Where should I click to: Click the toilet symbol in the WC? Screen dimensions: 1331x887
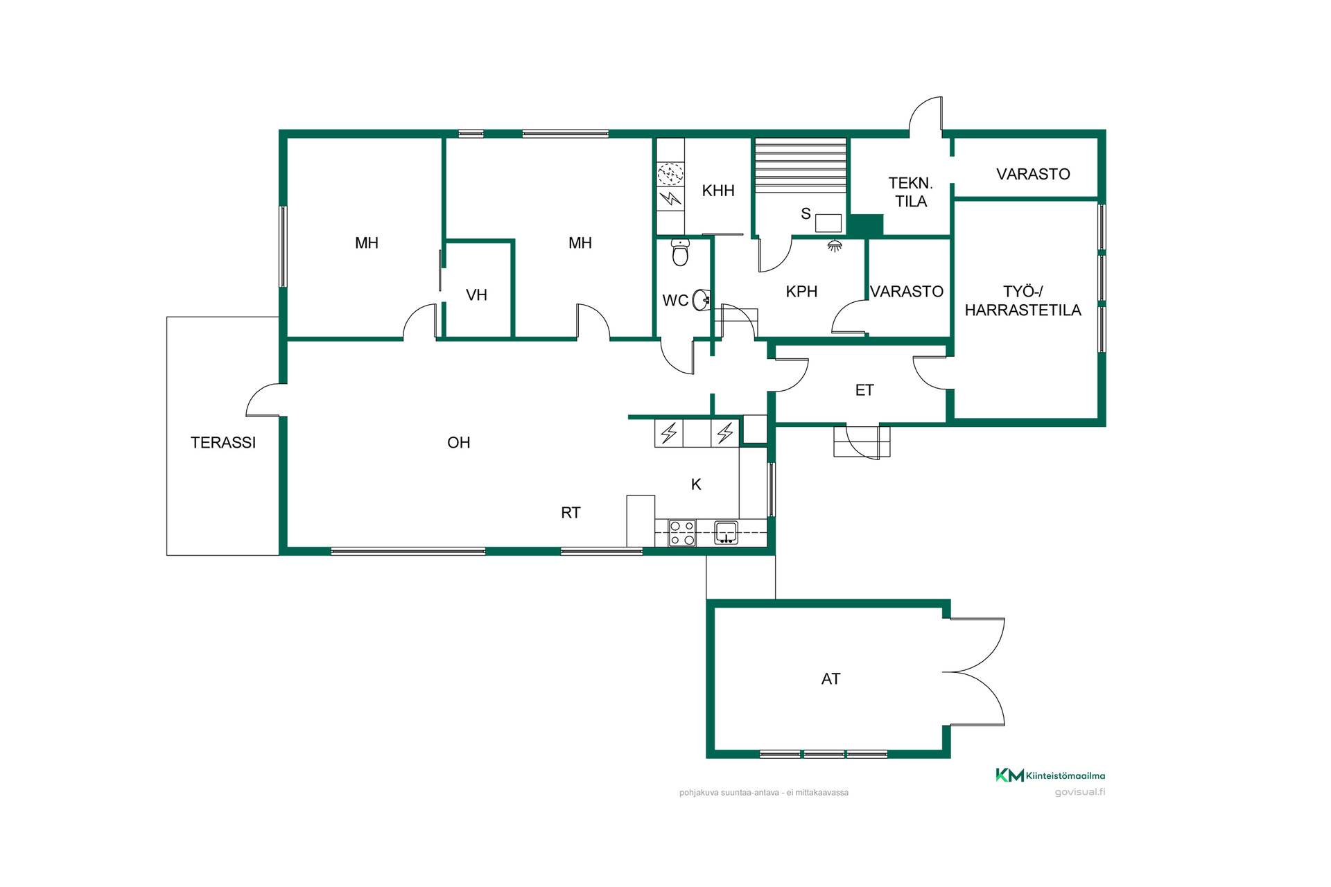(x=680, y=253)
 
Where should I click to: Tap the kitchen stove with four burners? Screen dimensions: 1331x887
(x=682, y=534)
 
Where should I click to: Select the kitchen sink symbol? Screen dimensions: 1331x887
(x=726, y=532)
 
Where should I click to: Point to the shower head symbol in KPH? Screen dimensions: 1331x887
(x=835, y=245)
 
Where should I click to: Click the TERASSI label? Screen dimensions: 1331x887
(x=223, y=442)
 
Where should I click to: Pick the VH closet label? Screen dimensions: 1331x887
(x=476, y=295)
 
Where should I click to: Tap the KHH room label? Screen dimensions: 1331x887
(x=718, y=191)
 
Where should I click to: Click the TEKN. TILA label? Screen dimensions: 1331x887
(x=911, y=192)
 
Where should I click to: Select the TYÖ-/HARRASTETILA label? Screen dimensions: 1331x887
(x=1023, y=301)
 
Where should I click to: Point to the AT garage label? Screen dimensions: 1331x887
(x=830, y=679)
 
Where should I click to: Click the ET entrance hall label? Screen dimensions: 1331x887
(x=864, y=390)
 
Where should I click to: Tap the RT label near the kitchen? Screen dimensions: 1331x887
(x=571, y=513)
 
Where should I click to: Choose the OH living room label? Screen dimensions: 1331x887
(x=459, y=442)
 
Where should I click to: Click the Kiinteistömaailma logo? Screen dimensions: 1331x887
(x=1050, y=775)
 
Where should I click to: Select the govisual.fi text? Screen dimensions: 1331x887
(x=1080, y=792)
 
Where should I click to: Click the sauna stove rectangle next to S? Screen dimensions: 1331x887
(x=828, y=223)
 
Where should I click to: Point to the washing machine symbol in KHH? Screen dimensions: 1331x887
(x=670, y=174)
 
